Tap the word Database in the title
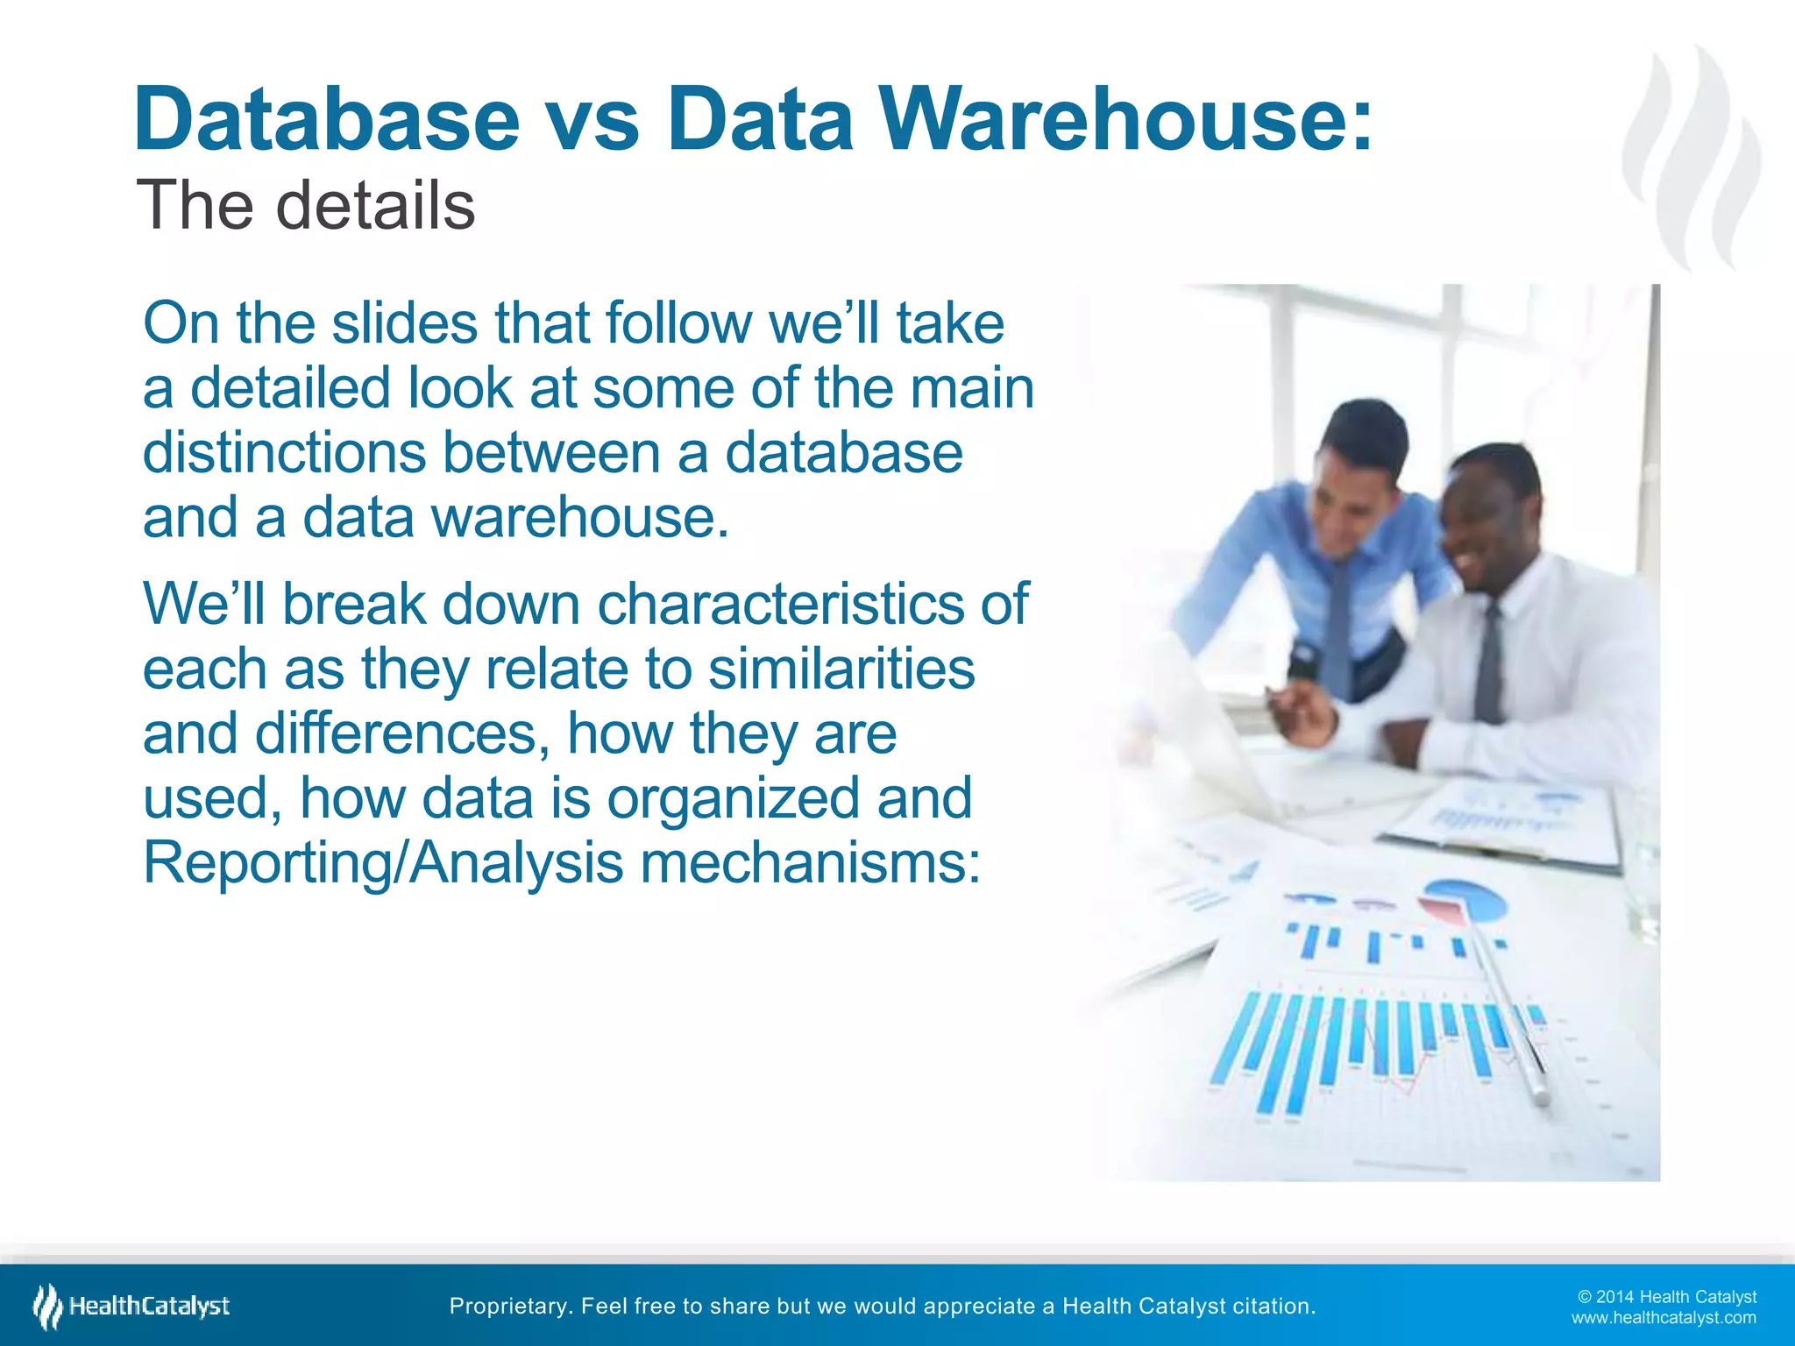pyautogui.click(x=327, y=119)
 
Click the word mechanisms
pyautogui.click(x=810, y=863)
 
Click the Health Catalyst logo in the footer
pyautogui.click(x=131, y=1307)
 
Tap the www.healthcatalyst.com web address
pyautogui.click(x=1664, y=1318)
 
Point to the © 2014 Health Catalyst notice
pyautogui.click(x=1666, y=1297)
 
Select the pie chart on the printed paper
pyautogui.click(x=1464, y=899)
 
